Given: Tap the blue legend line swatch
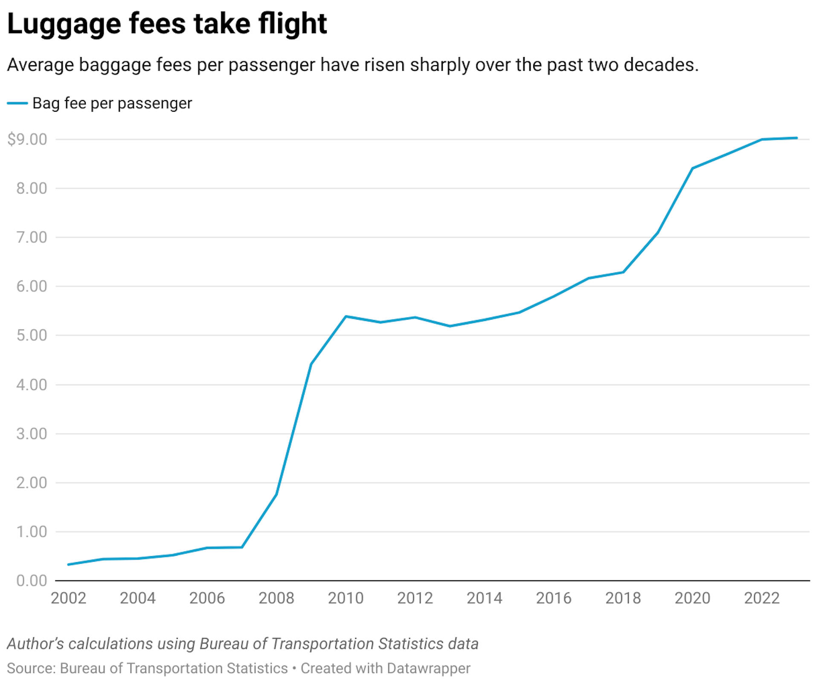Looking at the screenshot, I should tap(17, 103).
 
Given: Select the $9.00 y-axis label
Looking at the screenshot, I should tap(27, 139).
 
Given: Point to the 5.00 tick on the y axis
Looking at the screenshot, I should tap(32, 335).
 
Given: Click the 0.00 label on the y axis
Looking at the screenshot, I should tap(32, 580).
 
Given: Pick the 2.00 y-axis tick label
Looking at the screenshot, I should tap(32, 483).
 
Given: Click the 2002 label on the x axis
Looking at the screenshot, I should tap(68, 598).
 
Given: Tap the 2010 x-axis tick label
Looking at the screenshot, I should tap(346, 598).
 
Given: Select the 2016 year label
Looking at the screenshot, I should tap(554, 598).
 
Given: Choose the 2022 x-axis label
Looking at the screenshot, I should tap(762, 598).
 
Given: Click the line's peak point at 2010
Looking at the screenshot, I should tap(346, 316).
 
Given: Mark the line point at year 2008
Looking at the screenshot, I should tap(276, 494).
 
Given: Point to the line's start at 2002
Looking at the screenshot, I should tap(68, 565).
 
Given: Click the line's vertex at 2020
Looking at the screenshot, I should tap(692, 168).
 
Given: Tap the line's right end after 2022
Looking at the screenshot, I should tap(797, 138).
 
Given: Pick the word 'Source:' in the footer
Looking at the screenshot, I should tap(31, 668).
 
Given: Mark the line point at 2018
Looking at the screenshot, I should tap(623, 272).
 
